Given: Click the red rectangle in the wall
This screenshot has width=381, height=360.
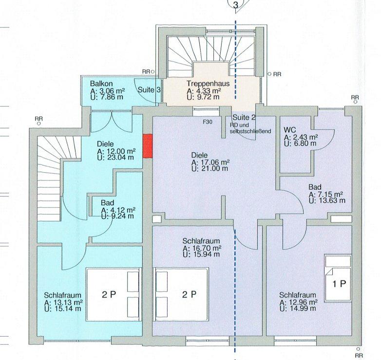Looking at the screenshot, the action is coord(148,146).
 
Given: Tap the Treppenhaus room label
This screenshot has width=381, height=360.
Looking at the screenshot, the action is coord(208,83).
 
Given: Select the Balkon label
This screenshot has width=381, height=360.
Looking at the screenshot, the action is coord(101,84).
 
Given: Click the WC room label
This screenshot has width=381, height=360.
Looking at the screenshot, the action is coord(290,130).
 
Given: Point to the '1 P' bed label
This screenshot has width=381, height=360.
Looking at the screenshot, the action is coord(339,283).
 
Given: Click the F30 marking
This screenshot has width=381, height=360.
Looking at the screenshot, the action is coord(208,122).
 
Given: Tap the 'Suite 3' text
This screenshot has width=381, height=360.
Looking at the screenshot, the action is coord(149,90).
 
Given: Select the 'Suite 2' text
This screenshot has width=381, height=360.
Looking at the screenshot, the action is coord(244,118).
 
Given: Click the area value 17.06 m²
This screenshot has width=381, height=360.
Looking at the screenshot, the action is coord(213,162).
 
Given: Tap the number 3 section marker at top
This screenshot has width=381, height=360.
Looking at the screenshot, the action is coord(235,5).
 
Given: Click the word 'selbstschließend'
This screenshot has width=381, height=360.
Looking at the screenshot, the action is coord(250,131).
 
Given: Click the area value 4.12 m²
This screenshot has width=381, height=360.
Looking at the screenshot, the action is coord(121,210).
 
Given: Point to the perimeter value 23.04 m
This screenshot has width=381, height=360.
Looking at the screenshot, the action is coord(118,157).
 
